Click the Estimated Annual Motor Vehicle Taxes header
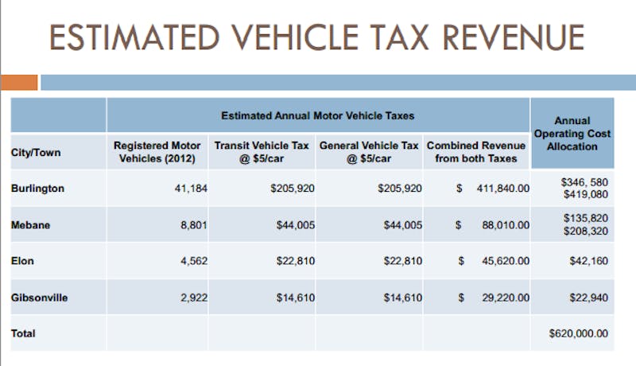click(x=318, y=115)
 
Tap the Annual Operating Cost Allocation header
click(x=572, y=134)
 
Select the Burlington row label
click(x=37, y=188)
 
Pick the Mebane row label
click(x=30, y=224)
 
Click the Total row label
click(x=23, y=334)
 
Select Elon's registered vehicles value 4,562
click(x=189, y=261)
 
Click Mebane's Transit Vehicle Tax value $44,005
click(x=295, y=224)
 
